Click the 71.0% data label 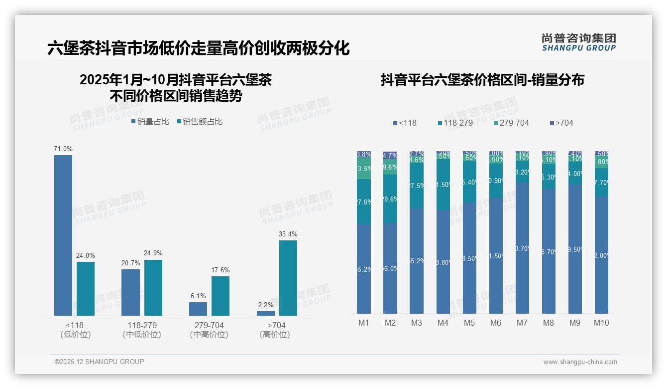click(63, 149)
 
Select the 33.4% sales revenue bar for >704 click(288, 278)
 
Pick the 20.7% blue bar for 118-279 click(130, 292)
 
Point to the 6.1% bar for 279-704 click(198, 309)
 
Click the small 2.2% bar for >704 click(266, 313)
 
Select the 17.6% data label click(221, 270)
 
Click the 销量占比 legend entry click(150, 122)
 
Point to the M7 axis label click(522, 323)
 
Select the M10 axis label click(601, 323)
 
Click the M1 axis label click(364, 323)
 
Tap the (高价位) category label click(275, 335)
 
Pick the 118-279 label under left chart click(142, 325)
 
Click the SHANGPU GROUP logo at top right click(579, 42)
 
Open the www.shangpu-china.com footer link click(580, 362)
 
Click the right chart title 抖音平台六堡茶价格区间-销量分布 click(482, 80)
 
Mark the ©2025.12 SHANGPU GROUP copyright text click(100, 362)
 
